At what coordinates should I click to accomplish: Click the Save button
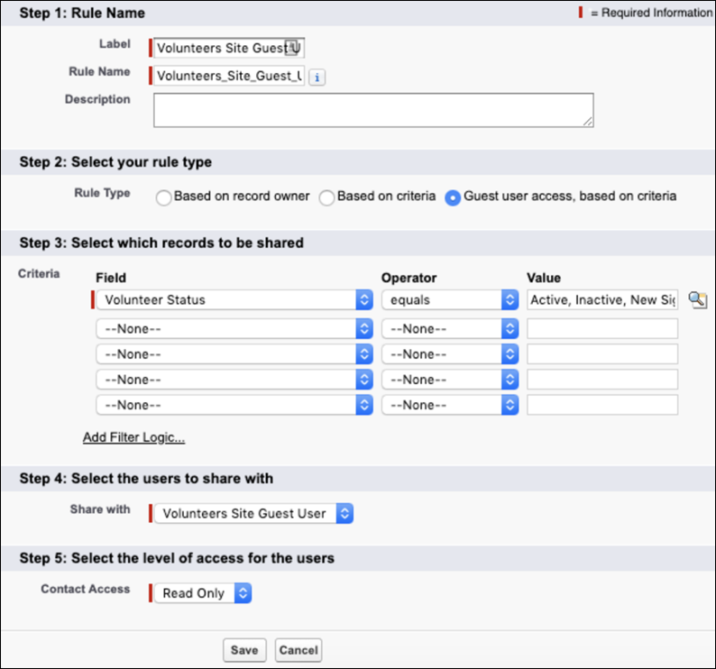[244, 650]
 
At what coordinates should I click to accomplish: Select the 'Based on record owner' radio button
[163, 197]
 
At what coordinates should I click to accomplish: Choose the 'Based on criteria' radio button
[327, 197]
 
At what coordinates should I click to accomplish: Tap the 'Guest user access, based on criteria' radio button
[453, 197]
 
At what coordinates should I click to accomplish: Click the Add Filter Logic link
[133, 437]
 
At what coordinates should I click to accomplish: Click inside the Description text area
[373, 110]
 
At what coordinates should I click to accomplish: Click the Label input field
[229, 48]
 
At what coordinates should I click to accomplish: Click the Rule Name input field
[229, 76]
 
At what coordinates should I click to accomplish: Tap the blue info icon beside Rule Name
[317, 78]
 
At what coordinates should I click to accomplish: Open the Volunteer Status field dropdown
[234, 300]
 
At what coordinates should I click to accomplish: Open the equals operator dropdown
[450, 300]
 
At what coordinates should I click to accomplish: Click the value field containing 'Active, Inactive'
[602, 300]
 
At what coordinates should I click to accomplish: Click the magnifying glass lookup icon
[698, 300]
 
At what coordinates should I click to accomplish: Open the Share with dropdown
[253, 513]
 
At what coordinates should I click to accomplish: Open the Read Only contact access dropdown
[203, 593]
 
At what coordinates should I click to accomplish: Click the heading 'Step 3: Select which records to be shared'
[161, 243]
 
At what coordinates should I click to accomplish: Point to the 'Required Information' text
[656, 13]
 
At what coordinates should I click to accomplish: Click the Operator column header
[408, 278]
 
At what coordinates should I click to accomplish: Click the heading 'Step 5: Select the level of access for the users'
[177, 558]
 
